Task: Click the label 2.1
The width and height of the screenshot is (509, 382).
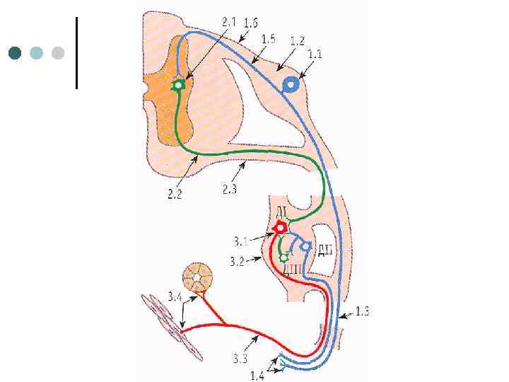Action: [x=229, y=23]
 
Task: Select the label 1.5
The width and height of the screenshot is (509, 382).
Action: [x=268, y=40]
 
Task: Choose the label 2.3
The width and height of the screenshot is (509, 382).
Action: [x=230, y=188]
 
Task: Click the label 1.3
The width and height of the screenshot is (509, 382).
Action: [x=363, y=311]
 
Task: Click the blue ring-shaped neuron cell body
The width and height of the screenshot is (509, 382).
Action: [x=290, y=86]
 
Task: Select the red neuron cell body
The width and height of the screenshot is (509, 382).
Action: [x=281, y=228]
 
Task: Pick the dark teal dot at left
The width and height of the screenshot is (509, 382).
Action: [x=15, y=53]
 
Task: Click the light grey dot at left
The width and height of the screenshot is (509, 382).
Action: [x=58, y=53]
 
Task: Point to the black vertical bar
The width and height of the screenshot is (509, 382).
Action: [x=76, y=53]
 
